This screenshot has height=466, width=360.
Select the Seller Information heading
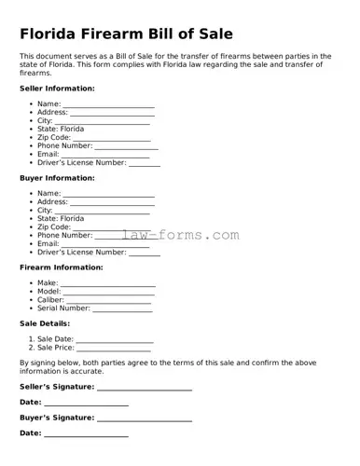pyautogui.click(x=57, y=89)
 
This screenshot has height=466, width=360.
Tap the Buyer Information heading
pyautogui.click(x=57, y=178)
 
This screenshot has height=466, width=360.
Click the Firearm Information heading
pyautogui.click(x=62, y=267)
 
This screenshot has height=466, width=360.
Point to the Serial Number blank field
pyautogui.click(x=122, y=308)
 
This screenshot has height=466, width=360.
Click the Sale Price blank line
pyautogui.click(x=113, y=349)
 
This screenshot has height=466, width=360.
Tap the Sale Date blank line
pyautogui.click(x=115, y=340)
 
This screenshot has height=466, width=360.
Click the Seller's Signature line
pyautogui.click(x=145, y=387)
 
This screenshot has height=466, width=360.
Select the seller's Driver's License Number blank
pyautogui.click(x=145, y=163)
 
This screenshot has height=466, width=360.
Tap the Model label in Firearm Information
pyautogui.click(x=48, y=292)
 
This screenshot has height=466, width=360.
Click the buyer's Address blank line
pyautogui.click(x=112, y=202)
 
